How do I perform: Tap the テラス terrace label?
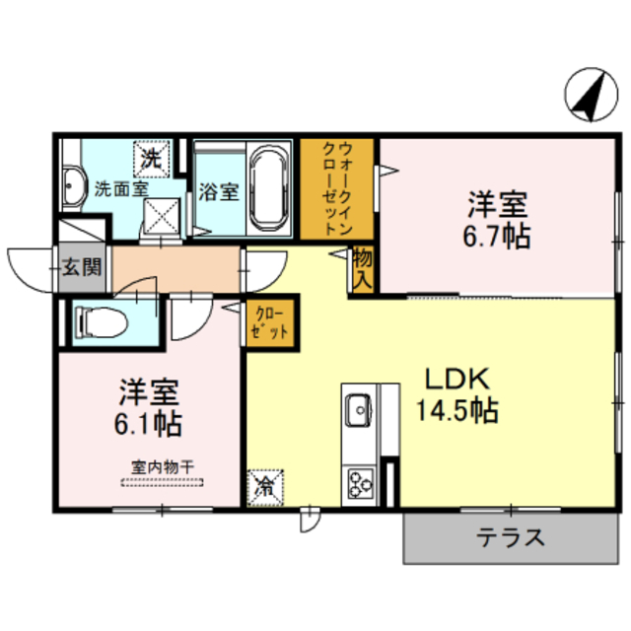(511, 537)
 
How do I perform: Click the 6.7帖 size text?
(497, 237)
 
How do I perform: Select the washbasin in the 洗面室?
(72, 186)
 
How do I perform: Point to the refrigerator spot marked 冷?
(265, 485)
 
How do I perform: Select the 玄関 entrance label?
(79, 266)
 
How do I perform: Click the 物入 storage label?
(362, 267)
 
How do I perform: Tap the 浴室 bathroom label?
(218, 190)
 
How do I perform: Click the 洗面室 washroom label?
(122, 187)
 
